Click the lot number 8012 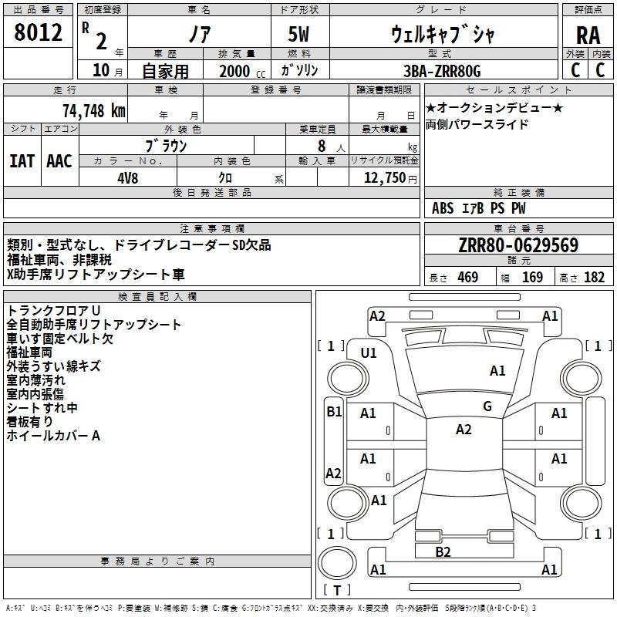tap(38, 32)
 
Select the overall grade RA tap(588, 35)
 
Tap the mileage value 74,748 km tap(94, 111)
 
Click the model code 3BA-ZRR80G tap(442, 71)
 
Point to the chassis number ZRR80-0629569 tap(518, 245)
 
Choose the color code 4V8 tap(127, 178)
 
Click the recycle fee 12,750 tap(384, 178)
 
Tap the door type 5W tap(298, 34)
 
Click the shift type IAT tap(22, 161)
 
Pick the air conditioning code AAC tap(59, 161)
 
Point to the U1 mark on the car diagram tap(369, 353)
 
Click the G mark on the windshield tap(487, 406)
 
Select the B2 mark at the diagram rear tap(443, 552)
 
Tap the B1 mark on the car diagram tap(334, 412)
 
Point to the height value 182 tap(594, 278)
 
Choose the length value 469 tap(468, 278)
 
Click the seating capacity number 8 tap(322, 146)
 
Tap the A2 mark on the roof tap(464, 430)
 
